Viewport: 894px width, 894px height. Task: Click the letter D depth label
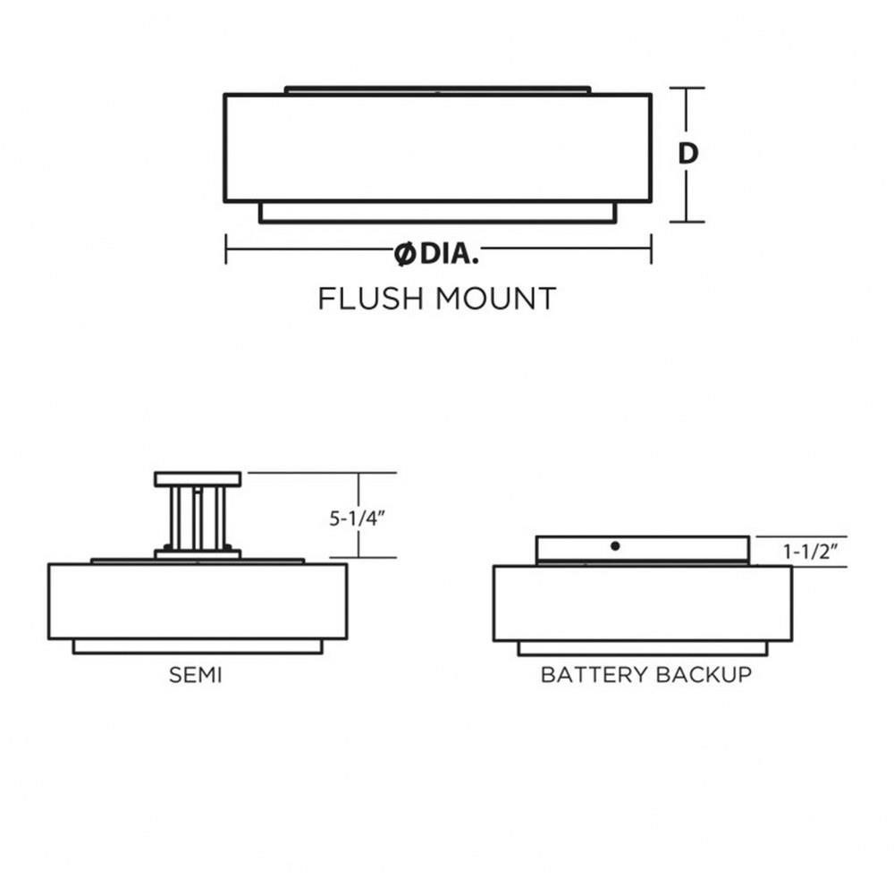(x=687, y=153)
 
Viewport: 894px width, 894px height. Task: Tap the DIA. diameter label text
(x=449, y=253)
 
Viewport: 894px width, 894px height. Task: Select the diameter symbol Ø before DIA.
(x=404, y=254)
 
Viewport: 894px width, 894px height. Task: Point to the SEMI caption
(x=195, y=675)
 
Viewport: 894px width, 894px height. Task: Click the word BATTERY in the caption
(x=595, y=674)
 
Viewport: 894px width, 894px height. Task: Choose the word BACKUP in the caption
(x=704, y=674)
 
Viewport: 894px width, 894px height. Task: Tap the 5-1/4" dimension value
(x=358, y=519)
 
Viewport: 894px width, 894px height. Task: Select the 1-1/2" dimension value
(x=810, y=552)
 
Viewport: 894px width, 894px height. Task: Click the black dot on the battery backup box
(x=615, y=545)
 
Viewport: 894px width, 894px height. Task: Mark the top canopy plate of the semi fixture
(x=198, y=479)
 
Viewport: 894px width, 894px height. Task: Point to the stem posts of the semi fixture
(x=198, y=518)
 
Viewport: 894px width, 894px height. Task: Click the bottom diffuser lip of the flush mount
(x=437, y=212)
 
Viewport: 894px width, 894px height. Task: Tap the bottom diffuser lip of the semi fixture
(x=198, y=646)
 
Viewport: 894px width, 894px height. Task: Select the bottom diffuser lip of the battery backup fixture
(x=643, y=648)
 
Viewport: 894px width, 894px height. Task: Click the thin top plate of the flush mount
(x=437, y=90)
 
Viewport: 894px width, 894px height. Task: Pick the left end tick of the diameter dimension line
(x=226, y=249)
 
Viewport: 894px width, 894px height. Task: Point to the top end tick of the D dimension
(x=687, y=89)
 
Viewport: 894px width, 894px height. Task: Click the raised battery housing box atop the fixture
(x=643, y=550)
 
